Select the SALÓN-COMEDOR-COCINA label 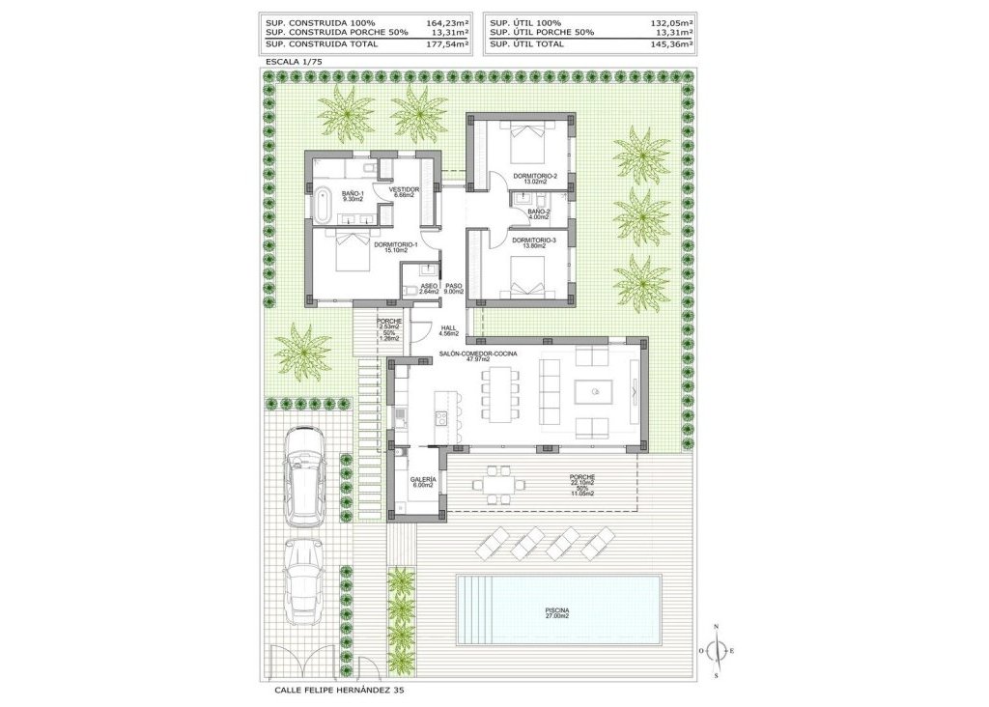click(x=477, y=354)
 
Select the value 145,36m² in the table click(x=671, y=43)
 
